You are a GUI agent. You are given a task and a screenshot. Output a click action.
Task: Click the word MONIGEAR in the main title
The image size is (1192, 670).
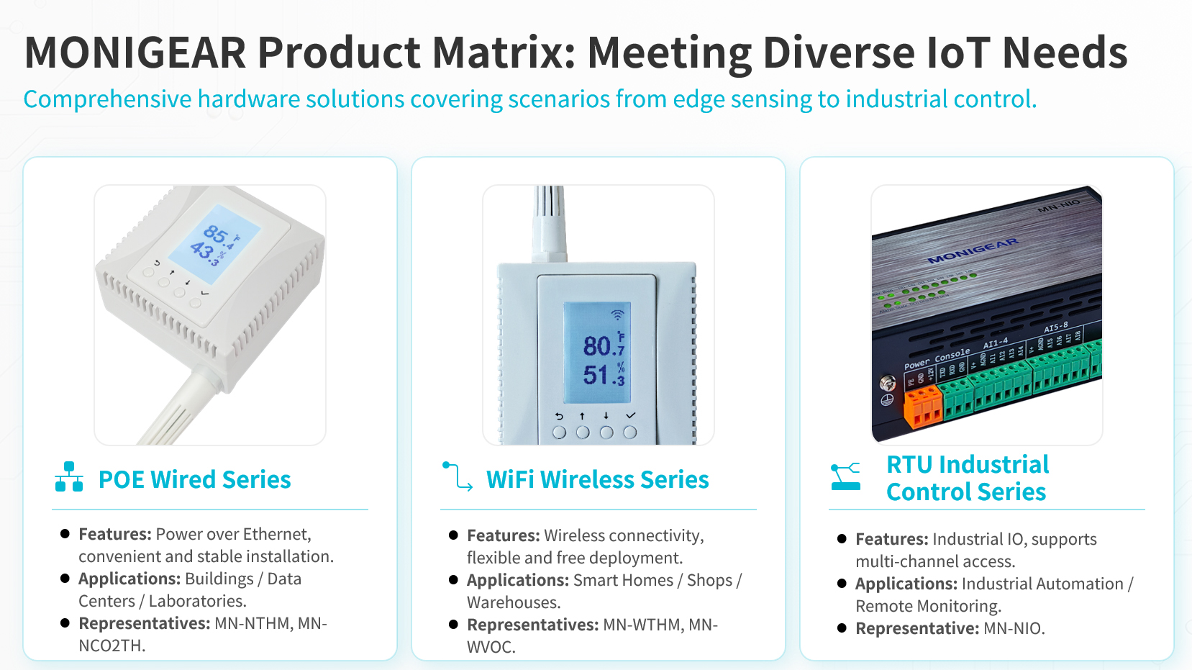pos(135,53)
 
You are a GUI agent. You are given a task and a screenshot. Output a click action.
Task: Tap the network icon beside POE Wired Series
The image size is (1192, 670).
pos(69,477)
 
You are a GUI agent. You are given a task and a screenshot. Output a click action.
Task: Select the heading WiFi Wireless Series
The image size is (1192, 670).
pos(598,479)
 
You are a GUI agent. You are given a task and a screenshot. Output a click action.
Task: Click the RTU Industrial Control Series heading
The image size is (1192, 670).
pos(968,478)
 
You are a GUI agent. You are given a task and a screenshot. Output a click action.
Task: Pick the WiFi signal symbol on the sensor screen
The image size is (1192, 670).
pos(617,314)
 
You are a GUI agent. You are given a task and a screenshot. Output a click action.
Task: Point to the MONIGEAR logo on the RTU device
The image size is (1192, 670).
pos(973,250)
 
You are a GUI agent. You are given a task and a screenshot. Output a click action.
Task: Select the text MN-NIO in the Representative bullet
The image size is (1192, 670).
pos(1014,628)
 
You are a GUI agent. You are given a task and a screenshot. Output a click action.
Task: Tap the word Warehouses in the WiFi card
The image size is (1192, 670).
pos(514,602)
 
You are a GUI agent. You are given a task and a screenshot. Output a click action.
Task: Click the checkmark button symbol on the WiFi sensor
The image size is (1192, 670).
pos(631,416)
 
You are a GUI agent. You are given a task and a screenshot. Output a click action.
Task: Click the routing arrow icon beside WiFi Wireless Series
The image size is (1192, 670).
pos(457,476)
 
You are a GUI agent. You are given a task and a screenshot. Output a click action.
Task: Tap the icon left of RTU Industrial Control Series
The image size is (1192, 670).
pos(845,476)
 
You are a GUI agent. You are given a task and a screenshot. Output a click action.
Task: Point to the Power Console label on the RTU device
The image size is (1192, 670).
pos(937,358)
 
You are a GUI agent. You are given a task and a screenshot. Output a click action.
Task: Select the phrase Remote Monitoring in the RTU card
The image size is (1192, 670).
pos(928,606)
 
